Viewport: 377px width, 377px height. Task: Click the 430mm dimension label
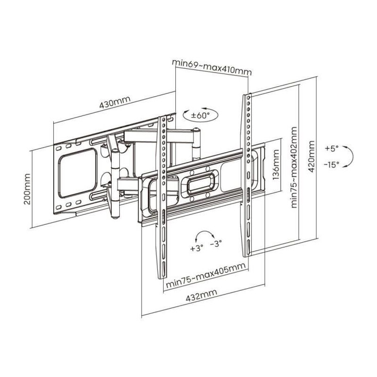coord(115,103)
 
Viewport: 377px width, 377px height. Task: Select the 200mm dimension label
coord(27,189)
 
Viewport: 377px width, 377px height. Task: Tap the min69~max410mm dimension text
coord(212,67)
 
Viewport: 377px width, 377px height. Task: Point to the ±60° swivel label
coord(200,115)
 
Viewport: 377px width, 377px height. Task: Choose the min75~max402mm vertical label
coord(294,167)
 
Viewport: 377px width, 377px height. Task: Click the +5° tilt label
coord(332,148)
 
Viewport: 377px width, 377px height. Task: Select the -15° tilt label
coord(331,164)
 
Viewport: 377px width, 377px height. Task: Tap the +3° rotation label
coord(197,248)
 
